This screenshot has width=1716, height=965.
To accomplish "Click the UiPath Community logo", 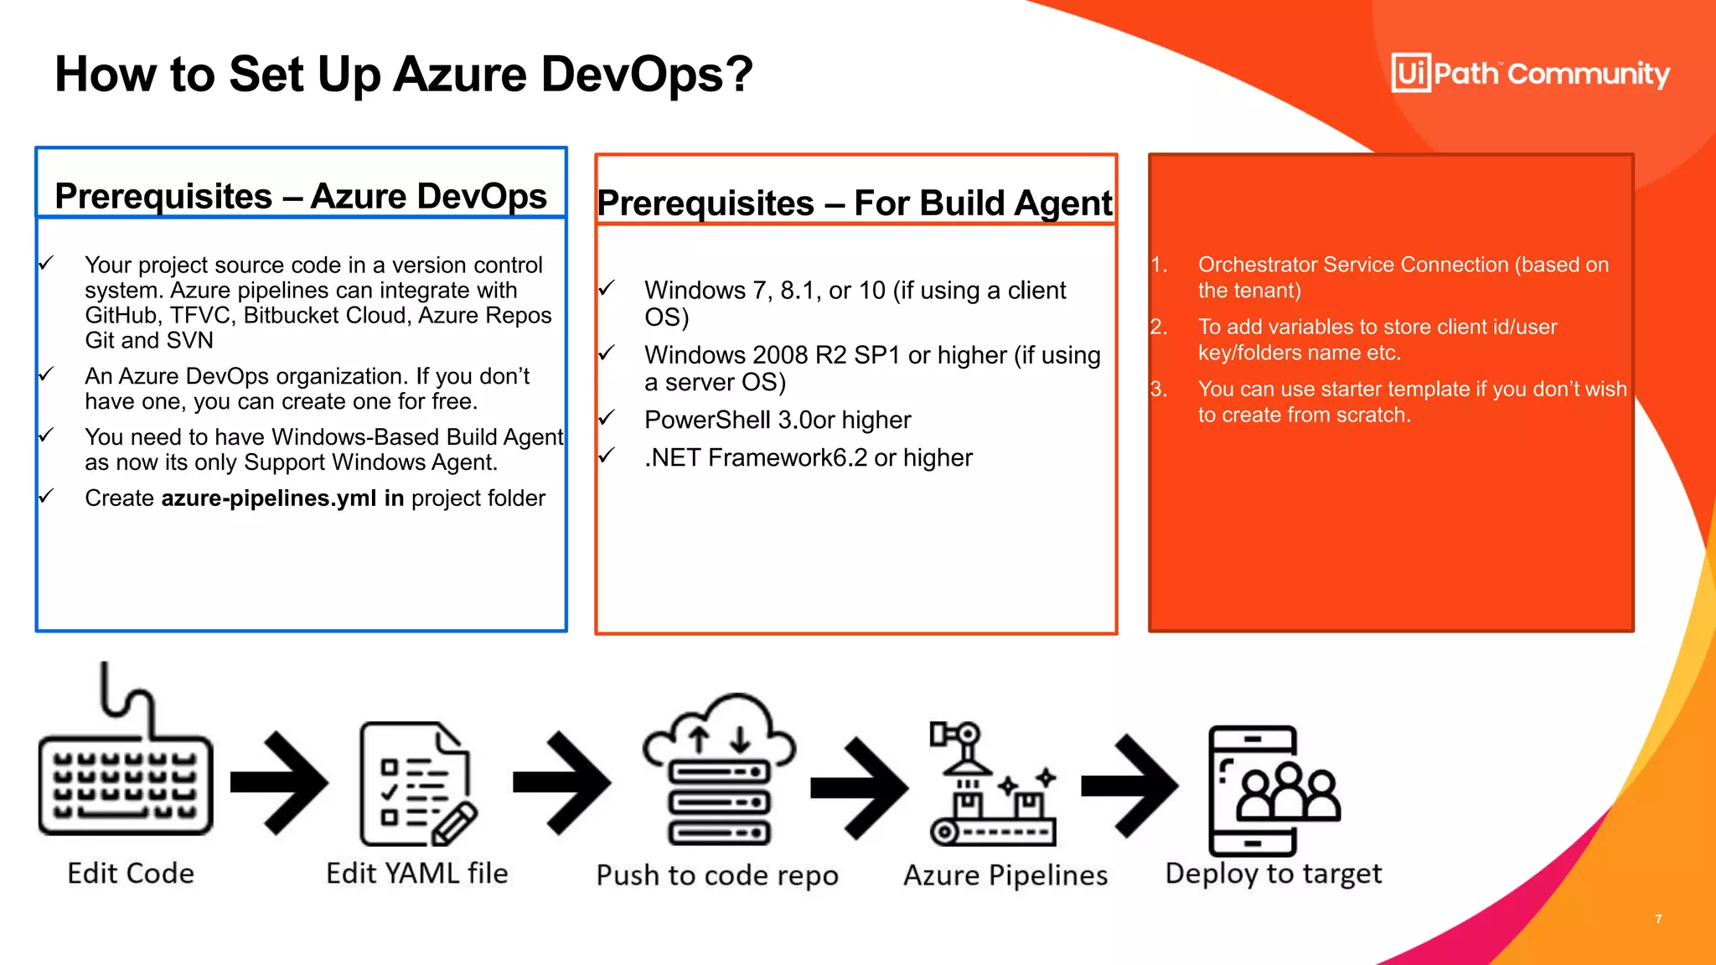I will [1530, 74].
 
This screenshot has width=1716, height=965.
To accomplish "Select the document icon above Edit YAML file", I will [417, 784].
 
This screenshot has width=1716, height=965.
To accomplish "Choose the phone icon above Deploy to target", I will [1272, 789].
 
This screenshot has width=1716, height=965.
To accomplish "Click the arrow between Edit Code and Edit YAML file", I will [280, 782].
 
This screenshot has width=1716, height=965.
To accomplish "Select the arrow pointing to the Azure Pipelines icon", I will [860, 787].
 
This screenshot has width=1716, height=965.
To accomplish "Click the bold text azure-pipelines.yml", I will [268, 498].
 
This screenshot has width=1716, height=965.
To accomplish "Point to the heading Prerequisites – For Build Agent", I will [855, 204].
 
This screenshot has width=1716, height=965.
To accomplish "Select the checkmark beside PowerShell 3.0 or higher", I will [607, 417].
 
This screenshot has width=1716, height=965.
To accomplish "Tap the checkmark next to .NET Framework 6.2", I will [607, 455].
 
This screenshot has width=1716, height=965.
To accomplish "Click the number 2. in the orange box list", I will [1159, 327].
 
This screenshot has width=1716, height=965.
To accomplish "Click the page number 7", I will [1658, 919].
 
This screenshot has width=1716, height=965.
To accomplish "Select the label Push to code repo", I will [717, 875].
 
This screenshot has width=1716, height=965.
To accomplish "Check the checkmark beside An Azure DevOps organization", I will [47, 374].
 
